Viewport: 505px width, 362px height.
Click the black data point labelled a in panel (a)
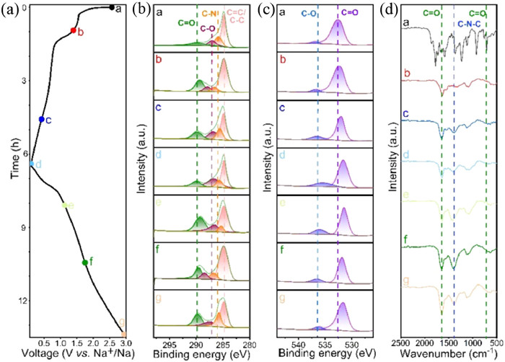[x=110, y=7]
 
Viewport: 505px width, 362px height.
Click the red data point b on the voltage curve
[x=73, y=30]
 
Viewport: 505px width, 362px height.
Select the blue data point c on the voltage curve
[x=41, y=119]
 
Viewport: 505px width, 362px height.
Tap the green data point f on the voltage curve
[x=84, y=262]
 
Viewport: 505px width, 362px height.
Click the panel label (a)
[x=9, y=9]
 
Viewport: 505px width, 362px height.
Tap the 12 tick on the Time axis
[x=22, y=301]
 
